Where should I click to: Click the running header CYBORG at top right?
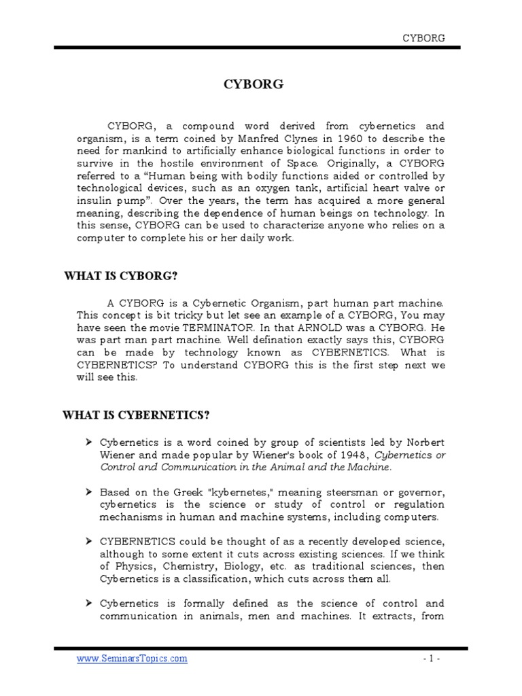tap(424, 38)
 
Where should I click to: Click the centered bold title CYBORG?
tap(254, 85)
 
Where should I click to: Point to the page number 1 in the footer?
tap(426, 659)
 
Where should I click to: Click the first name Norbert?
tap(423, 442)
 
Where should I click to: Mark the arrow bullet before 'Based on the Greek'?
tap(89, 491)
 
